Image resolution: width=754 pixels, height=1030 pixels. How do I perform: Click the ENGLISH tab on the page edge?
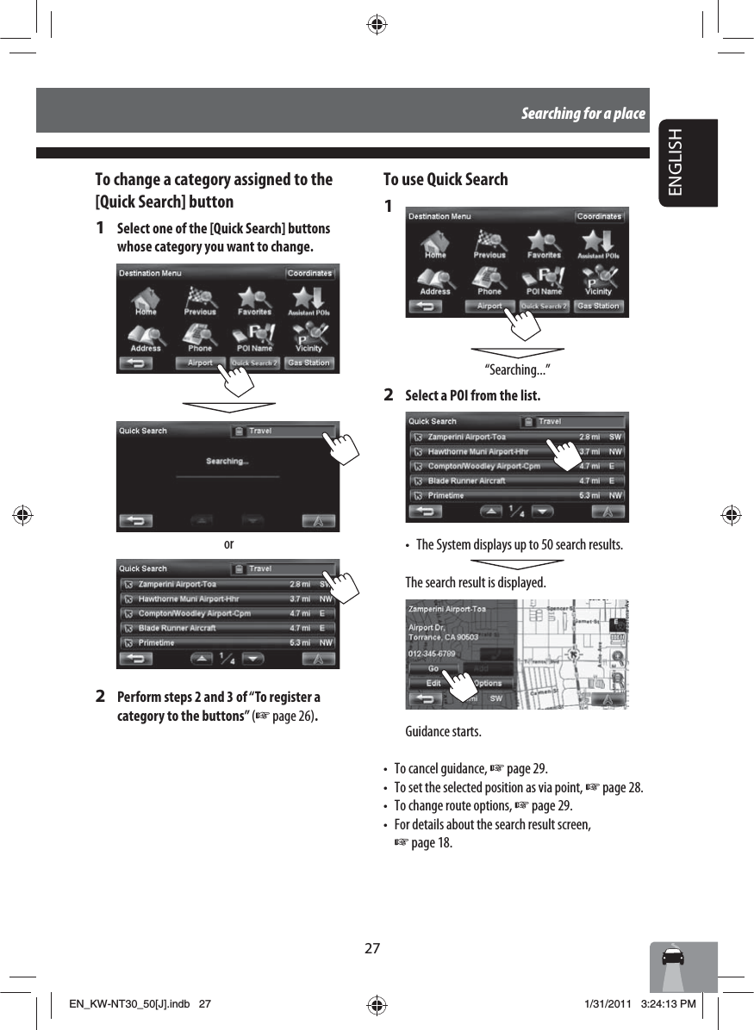pyautogui.click(x=686, y=163)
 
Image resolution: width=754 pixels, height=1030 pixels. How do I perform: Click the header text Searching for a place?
pyautogui.click(x=583, y=113)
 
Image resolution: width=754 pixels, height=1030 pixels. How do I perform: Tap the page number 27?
pyautogui.click(x=371, y=948)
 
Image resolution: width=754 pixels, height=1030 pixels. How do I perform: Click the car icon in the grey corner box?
pyautogui.click(x=672, y=958)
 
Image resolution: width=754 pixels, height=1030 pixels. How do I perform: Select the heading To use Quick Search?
pyautogui.click(x=445, y=179)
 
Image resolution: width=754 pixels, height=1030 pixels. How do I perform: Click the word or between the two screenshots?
pyautogui.click(x=228, y=544)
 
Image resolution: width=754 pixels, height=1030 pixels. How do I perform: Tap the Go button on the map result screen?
pyautogui.click(x=433, y=668)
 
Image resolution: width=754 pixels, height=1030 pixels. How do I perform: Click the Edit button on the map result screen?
pyautogui.click(x=433, y=684)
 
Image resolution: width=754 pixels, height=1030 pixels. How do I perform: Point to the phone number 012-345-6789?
pyautogui.click(x=432, y=654)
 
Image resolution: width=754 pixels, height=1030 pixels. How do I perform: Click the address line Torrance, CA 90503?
pyautogui.click(x=443, y=637)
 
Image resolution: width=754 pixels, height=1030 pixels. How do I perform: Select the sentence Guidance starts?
pyautogui.click(x=444, y=731)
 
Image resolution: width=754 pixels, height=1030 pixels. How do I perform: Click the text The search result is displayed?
pyautogui.click(x=475, y=582)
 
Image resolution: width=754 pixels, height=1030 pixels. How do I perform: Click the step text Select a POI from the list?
pyautogui.click(x=473, y=396)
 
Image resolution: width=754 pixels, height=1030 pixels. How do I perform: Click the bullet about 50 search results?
pyautogui.click(x=519, y=545)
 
